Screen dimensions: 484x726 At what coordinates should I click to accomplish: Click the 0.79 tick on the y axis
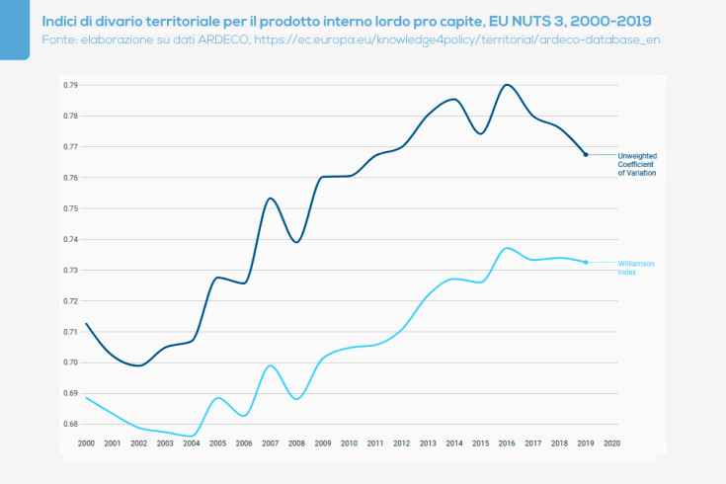(70, 85)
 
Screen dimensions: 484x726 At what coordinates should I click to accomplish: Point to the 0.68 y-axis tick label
(70, 424)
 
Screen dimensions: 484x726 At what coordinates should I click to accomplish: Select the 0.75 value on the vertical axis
(70, 208)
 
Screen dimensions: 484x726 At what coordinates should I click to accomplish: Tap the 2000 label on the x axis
(86, 444)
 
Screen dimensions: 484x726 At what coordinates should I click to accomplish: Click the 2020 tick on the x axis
(611, 444)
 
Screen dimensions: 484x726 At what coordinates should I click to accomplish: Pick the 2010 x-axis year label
(349, 444)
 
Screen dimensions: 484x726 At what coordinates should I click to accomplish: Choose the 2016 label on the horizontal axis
(507, 444)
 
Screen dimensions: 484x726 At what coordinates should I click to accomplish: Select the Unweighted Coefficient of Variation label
(637, 164)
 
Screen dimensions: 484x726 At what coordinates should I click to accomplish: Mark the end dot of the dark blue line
(586, 154)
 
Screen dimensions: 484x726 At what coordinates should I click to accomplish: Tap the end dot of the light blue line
(586, 262)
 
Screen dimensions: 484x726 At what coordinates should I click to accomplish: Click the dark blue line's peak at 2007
(271, 199)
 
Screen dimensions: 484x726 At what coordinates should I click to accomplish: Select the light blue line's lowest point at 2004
(192, 436)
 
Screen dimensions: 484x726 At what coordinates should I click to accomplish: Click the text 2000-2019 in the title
(608, 20)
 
